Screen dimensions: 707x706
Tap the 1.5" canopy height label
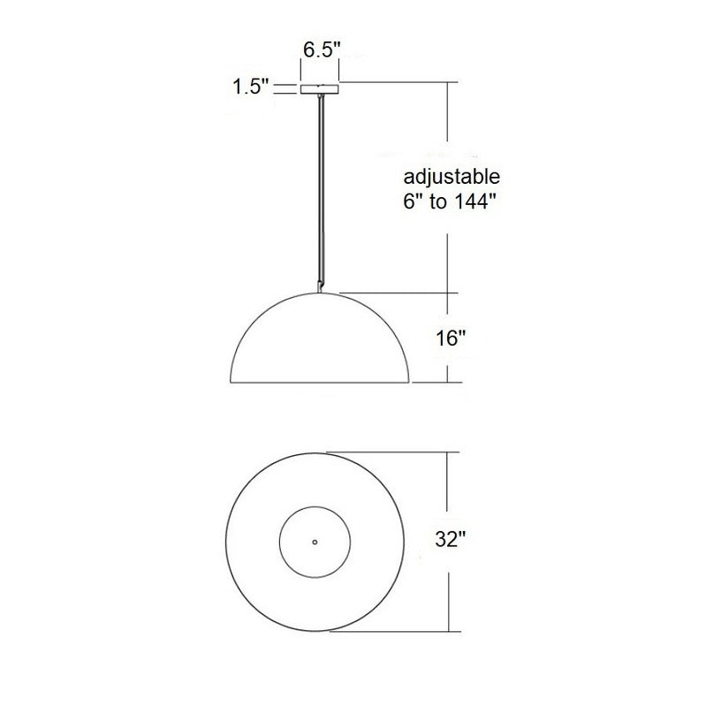(x=249, y=87)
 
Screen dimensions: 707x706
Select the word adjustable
(x=444, y=175)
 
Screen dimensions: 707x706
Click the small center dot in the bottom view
(x=315, y=541)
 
